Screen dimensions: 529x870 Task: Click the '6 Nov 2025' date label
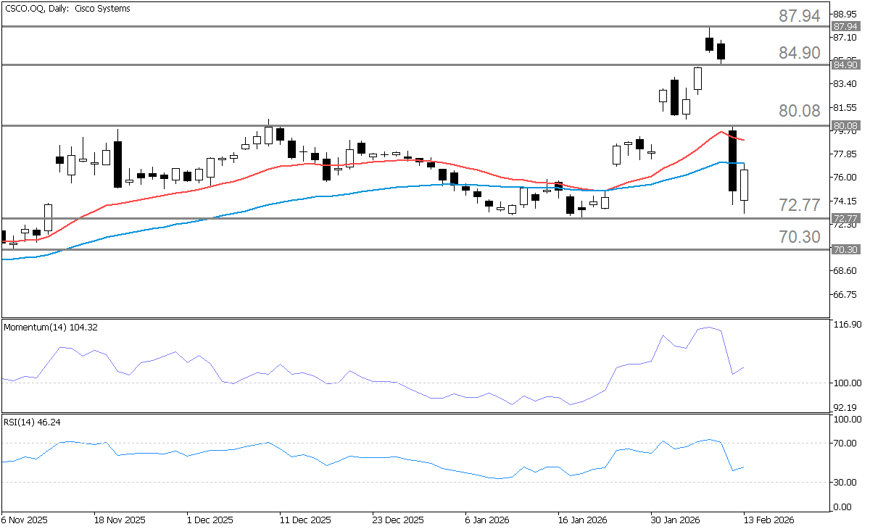(x=25, y=520)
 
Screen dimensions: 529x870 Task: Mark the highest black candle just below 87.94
(x=709, y=43)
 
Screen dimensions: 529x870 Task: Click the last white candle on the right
(x=744, y=186)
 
